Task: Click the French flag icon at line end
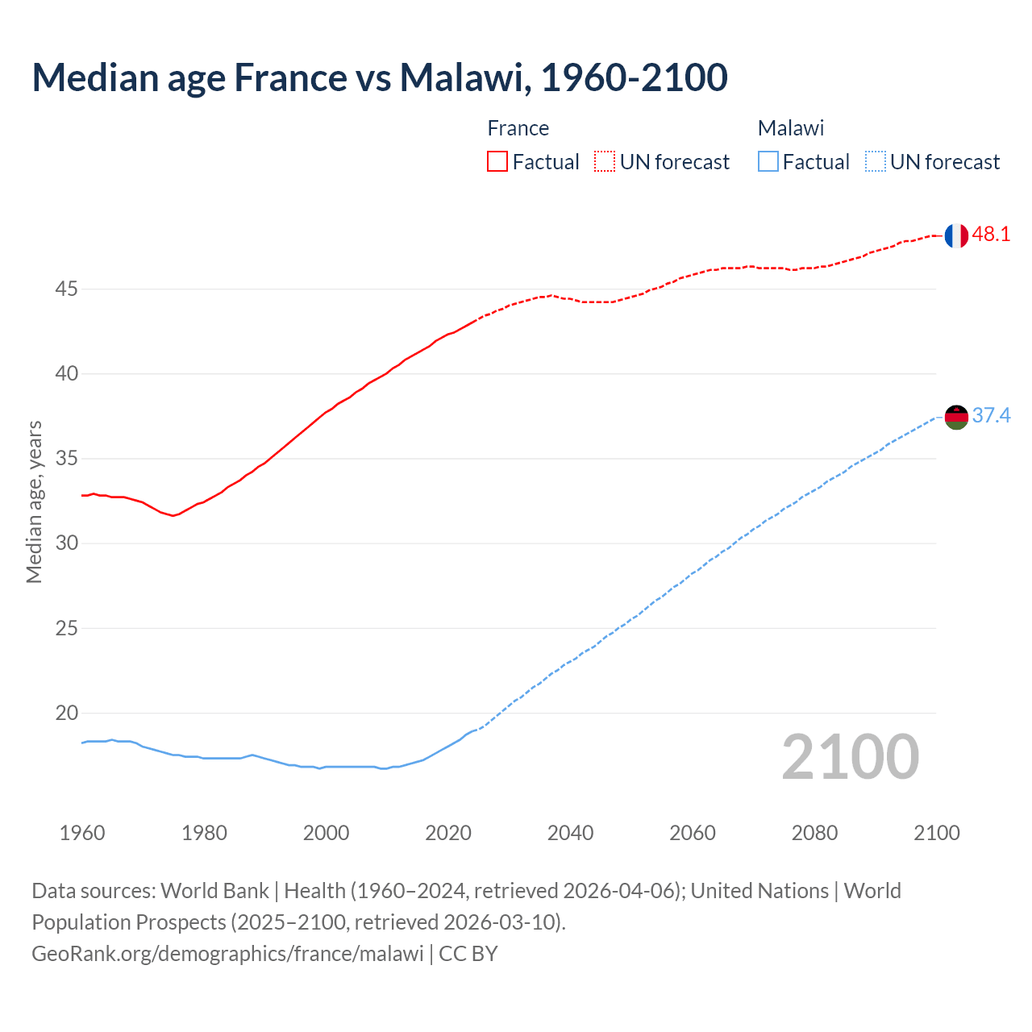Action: tap(956, 235)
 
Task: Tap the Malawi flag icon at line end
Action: tap(956, 417)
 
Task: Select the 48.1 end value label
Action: tap(991, 235)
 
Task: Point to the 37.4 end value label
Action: tap(991, 416)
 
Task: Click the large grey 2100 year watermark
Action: tap(850, 756)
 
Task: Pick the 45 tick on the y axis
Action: tap(66, 289)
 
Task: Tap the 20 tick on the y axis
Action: tap(66, 713)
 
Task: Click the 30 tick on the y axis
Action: tap(66, 543)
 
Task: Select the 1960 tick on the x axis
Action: tap(82, 833)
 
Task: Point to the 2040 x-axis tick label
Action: tap(570, 833)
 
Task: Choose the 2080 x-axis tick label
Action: tap(814, 833)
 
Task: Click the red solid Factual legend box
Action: tap(497, 162)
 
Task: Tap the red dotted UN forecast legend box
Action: tap(605, 162)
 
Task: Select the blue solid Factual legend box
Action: tap(768, 162)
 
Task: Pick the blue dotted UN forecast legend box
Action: tap(875, 162)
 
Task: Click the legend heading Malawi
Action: tap(790, 128)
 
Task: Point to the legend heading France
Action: tap(518, 128)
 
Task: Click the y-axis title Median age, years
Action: tap(34, 501)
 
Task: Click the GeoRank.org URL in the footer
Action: tap(227, 954)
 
